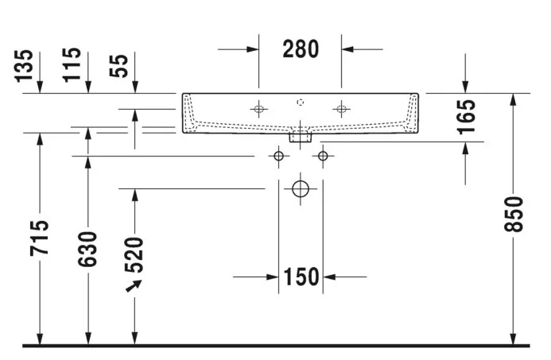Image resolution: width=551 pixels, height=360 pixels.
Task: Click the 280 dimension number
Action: pos(301,49)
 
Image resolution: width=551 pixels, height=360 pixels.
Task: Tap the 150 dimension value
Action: pos(301,277)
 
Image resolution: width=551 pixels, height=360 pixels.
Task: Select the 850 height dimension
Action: pos(514,215)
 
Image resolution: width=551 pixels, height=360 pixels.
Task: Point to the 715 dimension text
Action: pos(40,238)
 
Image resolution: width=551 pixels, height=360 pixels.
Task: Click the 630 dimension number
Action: pos(87,249)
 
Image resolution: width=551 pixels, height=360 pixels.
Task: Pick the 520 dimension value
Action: pos(134,255)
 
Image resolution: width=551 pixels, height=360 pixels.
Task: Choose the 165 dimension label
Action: pos(466,117)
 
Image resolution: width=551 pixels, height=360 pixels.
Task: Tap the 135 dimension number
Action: pos(24,66)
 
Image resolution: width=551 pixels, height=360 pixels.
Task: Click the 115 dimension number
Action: pos(72,65)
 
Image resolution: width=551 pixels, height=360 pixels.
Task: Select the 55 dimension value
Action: pos(118,66)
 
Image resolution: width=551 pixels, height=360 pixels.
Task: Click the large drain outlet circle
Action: pos(301,189)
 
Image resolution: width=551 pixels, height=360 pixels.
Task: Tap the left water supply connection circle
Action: pos(278,156)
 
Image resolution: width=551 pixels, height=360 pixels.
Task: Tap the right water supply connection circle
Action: pos(323,156)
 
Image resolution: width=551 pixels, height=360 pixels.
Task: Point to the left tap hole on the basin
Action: pos(259,109)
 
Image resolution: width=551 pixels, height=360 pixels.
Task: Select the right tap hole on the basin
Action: pos(341,109)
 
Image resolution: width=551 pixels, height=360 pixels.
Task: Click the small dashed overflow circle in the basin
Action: pos(300,103)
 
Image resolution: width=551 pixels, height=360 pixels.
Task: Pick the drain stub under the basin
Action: pos(301,137)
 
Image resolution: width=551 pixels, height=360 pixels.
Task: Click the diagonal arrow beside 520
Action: pos(134,286)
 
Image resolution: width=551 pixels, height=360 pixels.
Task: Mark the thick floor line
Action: pos(276,346)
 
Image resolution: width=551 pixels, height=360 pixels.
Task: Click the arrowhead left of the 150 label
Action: pos(273,277)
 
